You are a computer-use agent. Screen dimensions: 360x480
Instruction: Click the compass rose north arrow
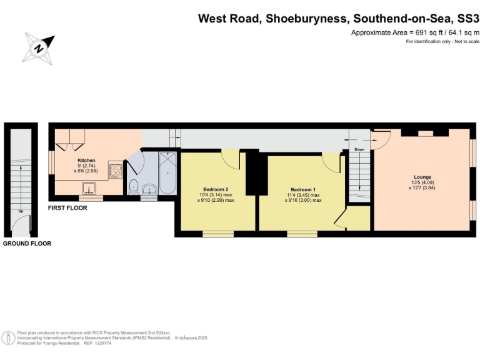click(x=39, y=47)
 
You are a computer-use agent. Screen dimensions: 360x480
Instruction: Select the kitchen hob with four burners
click(x=116, y=171)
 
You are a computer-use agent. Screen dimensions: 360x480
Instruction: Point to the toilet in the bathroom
click(x=133, y=186)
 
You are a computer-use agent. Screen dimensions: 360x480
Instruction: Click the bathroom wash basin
click(x=147, y=189)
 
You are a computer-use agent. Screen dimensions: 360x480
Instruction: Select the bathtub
click(x=168, y=173)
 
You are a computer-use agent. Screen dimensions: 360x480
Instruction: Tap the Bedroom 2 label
click(x=216, y=189)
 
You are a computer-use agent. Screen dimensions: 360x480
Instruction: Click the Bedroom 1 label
click(x=303, y=189)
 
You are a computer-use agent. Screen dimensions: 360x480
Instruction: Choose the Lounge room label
click(x=422, y=177)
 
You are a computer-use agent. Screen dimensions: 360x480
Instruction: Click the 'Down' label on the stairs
click(x=359, y=150)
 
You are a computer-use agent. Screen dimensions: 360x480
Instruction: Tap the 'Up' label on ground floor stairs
click(x=22, y=211)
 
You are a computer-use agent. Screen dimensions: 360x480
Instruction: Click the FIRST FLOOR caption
click(x=67, y=207)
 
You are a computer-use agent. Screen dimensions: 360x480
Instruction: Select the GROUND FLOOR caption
click(x=27, y=243)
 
